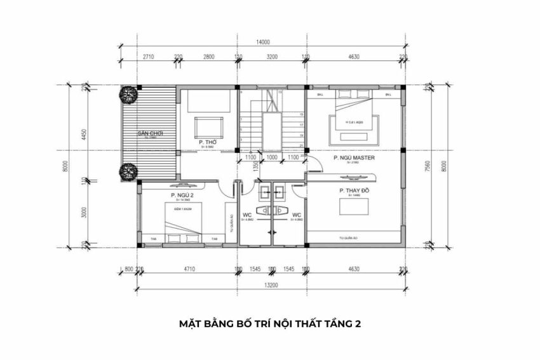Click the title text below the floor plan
[270, 324]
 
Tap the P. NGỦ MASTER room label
[354, 157]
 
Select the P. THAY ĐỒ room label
[354, 190]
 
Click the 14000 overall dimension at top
[263, 43]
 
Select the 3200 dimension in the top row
[271, 57]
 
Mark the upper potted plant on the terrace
[129, 95]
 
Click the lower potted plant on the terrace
[128, 171]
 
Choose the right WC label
[296, 215]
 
